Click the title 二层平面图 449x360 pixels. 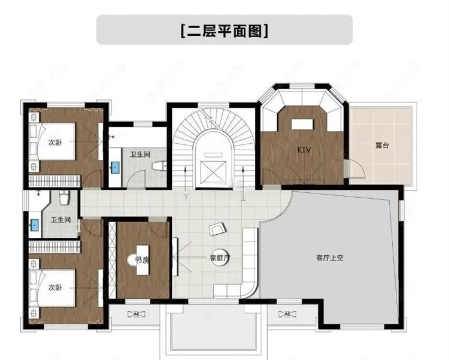[x=224, y=31]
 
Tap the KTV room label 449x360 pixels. [x=304, y=150]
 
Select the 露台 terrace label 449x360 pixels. [x=382, y=145]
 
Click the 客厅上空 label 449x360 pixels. [x=330, y=258]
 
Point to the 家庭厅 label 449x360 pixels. [x=220, y=258]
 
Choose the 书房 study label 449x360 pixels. [x=142, y=260]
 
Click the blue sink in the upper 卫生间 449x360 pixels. [x=115, y=167]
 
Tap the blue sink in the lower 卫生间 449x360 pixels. [x=35, y=225]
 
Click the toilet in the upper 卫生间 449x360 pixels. [x=159, y=166]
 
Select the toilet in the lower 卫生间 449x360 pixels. [x=64, y=198]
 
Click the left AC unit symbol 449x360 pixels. [x=136, y=314]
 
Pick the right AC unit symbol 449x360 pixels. [x=287, y=314]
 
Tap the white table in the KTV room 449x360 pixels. [x=302, y=125]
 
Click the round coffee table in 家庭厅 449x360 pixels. [x=220, y=257]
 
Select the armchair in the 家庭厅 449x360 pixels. [x=217, y=229]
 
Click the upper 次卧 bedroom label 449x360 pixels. [x=55, y=143]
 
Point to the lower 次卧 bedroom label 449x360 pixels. [x=55, y=287]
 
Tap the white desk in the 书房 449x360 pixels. [x=142, y=260]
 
